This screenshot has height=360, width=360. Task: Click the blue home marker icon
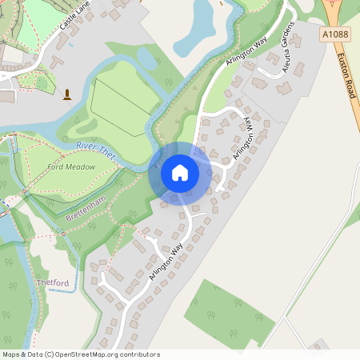click(x=180, y=173)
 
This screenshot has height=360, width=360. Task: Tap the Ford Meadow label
click(x=71, y=166)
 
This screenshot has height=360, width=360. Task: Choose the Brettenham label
click(x=86, y=207)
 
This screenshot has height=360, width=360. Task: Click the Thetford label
click(x=53, y=282)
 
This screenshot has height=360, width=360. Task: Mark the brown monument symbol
click(x=66, y=94)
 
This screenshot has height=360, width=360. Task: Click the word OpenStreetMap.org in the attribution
click(x=106, y=354)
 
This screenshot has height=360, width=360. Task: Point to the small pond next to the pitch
click(x=147, y=58)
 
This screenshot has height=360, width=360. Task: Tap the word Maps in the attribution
click(x=12, y=354)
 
